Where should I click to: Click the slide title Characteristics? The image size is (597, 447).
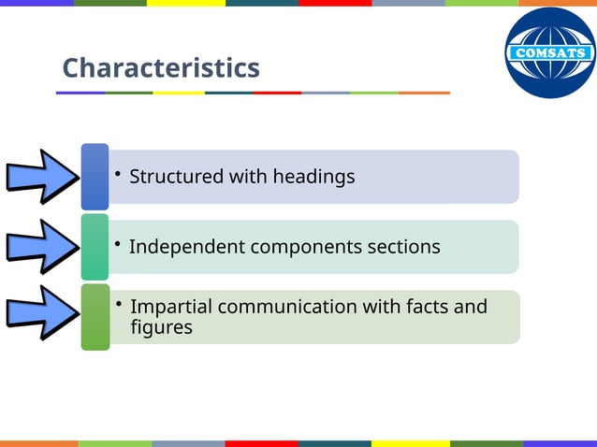(161, 68)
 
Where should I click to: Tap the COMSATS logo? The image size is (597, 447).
(549, 52)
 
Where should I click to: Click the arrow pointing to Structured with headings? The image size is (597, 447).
(40, 175)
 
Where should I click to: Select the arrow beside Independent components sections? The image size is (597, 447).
(40, 245)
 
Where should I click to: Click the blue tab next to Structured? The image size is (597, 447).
(95, 176)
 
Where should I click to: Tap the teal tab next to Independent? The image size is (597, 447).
(95, 246)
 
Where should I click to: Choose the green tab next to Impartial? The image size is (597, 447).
(95, 317)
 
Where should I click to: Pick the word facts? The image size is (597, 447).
(429, 307)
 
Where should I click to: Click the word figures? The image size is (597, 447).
(162, 327)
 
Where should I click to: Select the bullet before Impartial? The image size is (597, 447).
(118, 305)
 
